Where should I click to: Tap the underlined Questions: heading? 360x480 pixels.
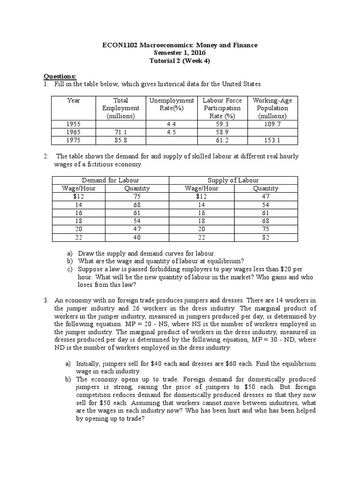point(60,76)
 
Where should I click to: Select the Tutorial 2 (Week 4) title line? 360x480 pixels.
point(180,61)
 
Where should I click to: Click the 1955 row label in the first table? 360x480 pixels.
point(73,124)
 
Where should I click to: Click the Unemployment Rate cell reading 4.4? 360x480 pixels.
point(171,124)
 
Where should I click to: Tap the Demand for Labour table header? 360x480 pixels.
point(110,180)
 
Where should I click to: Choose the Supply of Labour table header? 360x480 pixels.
point(233,180)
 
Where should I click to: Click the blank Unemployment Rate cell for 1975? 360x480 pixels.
point(171,140)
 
